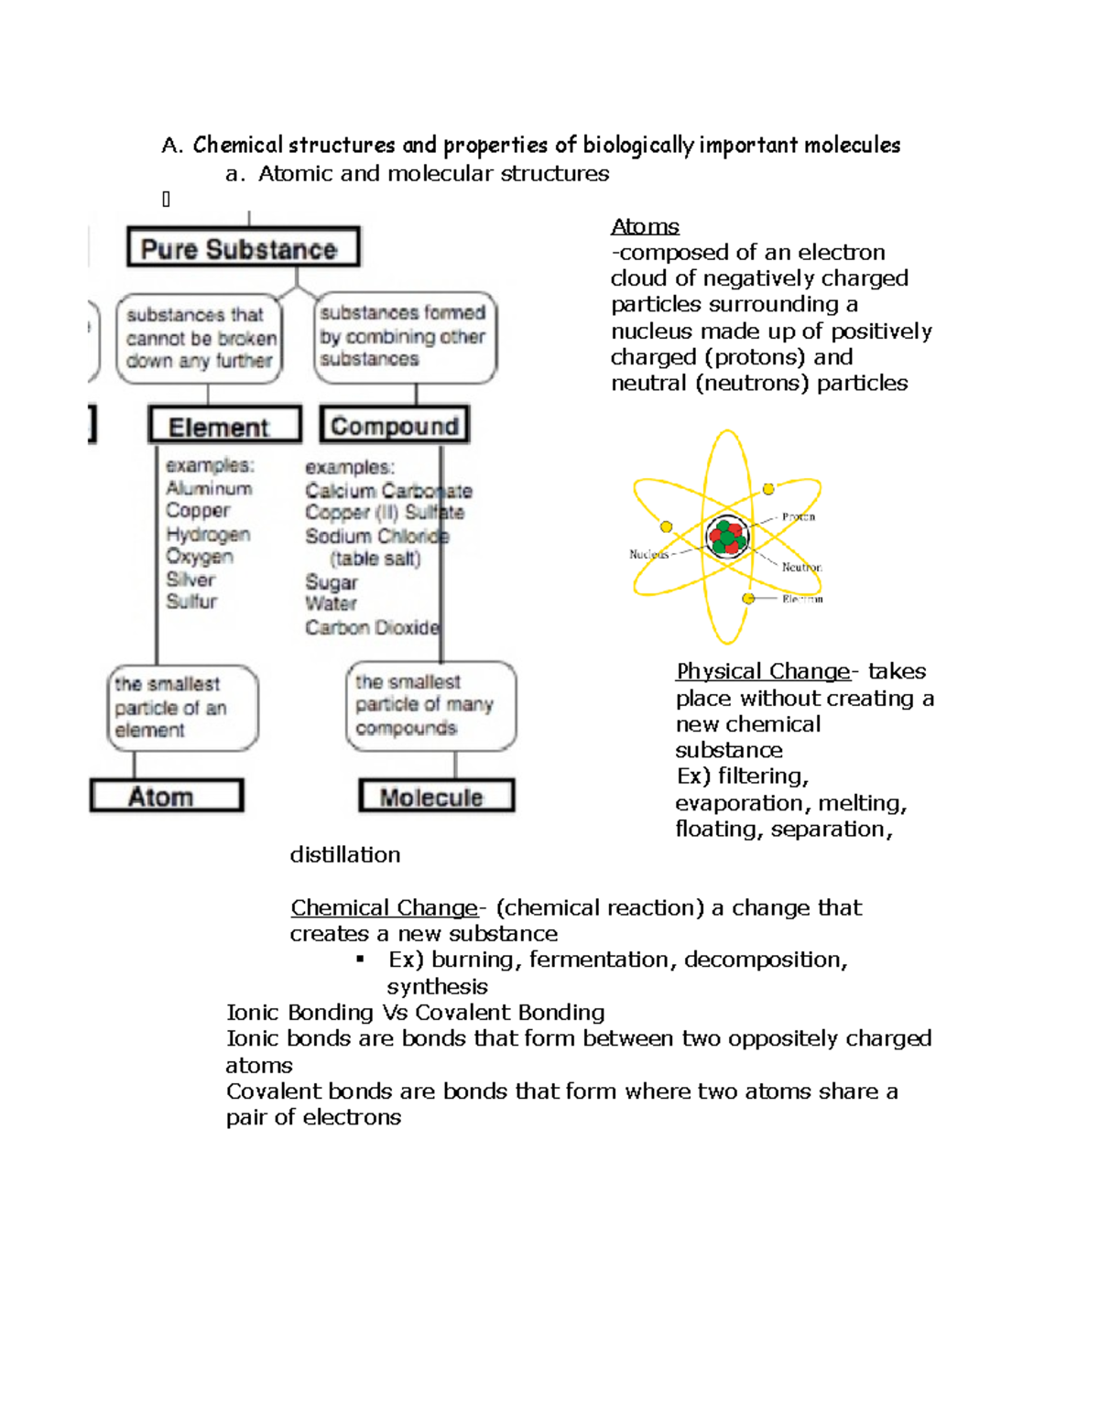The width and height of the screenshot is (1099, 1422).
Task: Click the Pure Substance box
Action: (x=243, y=247)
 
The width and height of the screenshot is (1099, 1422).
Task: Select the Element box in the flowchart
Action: (x=225, y=426)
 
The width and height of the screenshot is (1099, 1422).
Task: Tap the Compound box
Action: (x=395, y=425)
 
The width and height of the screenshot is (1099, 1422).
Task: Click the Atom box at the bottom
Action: (x=167, y=796)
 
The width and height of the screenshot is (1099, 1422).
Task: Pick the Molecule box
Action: (x=436, y=796)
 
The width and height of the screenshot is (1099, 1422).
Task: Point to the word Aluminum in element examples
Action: (x=209, y=488)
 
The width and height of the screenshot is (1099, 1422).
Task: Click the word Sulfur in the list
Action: (x=191, y=602)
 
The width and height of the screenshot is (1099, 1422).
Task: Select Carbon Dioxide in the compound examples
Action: (x=372, y=627)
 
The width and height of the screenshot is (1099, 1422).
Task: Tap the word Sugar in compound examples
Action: (x=331, y=582)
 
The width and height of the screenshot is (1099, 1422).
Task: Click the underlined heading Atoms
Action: (x=645, y=226)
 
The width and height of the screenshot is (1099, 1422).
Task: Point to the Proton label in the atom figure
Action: (x=798, y=516)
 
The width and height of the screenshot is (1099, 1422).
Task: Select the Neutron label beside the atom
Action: (x=801, y=567)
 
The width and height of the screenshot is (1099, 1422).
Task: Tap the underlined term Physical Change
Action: (x=763, y=671)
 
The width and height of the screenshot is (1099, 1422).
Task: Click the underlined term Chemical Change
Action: (x=384, y=907)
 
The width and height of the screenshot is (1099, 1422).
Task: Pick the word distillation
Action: (x=345, y=854)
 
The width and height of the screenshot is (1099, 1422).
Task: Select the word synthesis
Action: (x=437, y=986)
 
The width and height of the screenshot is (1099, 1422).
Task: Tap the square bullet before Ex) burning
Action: (x=361, y=959)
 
